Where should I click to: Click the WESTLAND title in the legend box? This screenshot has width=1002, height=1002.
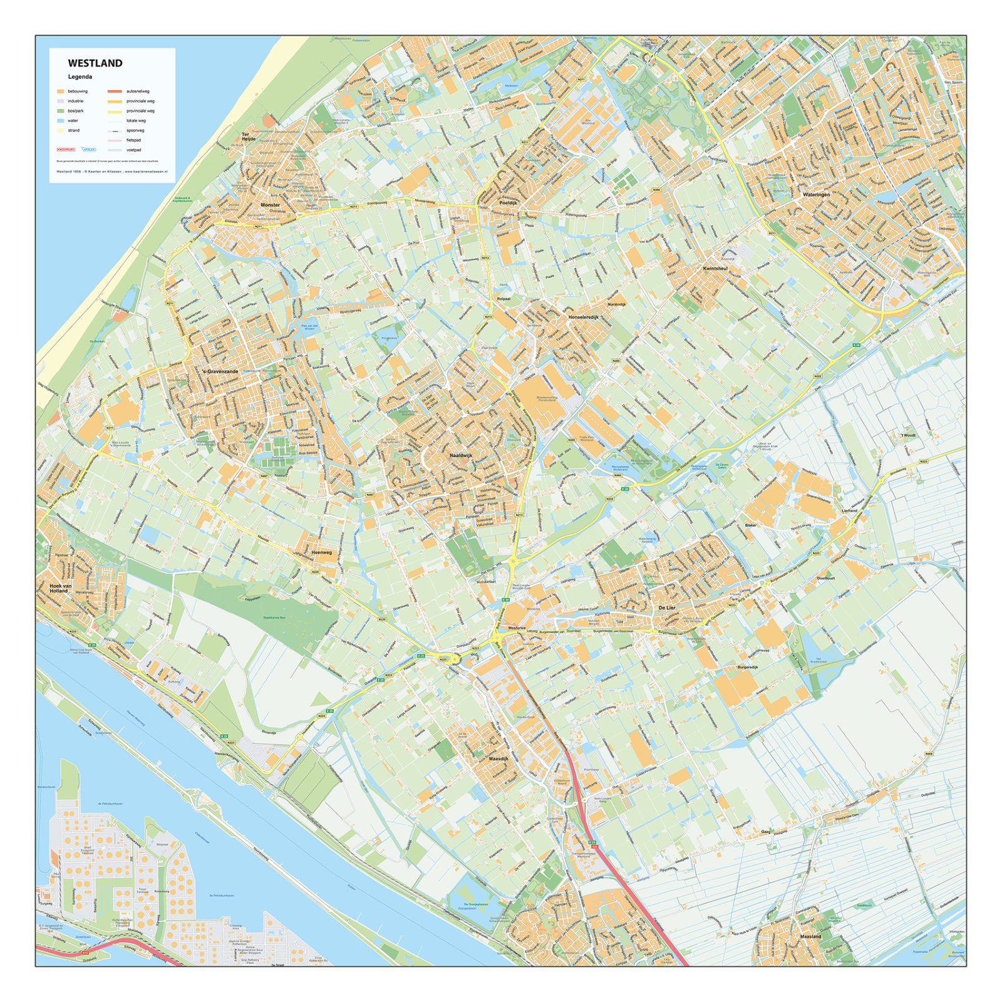95,63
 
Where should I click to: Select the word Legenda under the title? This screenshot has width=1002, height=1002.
80,77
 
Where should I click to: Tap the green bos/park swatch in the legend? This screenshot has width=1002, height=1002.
60,111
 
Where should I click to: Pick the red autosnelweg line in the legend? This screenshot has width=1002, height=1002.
115,91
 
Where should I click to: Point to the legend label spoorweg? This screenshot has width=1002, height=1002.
135,130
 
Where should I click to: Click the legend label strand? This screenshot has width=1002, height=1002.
74,130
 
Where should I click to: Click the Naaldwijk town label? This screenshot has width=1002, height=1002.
461,455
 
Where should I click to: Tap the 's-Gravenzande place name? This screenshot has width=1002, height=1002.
220,371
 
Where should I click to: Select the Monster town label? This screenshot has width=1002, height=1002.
271,205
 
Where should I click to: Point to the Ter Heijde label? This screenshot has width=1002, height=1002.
249,137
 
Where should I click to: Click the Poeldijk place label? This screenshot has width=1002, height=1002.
509,204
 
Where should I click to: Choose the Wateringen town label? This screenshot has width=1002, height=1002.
816,195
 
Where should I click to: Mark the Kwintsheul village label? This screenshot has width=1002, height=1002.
715,268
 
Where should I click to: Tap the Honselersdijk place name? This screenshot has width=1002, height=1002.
583,318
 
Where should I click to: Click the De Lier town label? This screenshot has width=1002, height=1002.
666,607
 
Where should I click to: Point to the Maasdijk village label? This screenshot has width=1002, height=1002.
498,758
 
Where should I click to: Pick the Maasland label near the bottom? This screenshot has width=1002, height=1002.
810,937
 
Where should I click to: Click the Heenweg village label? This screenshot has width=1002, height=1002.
321,552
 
